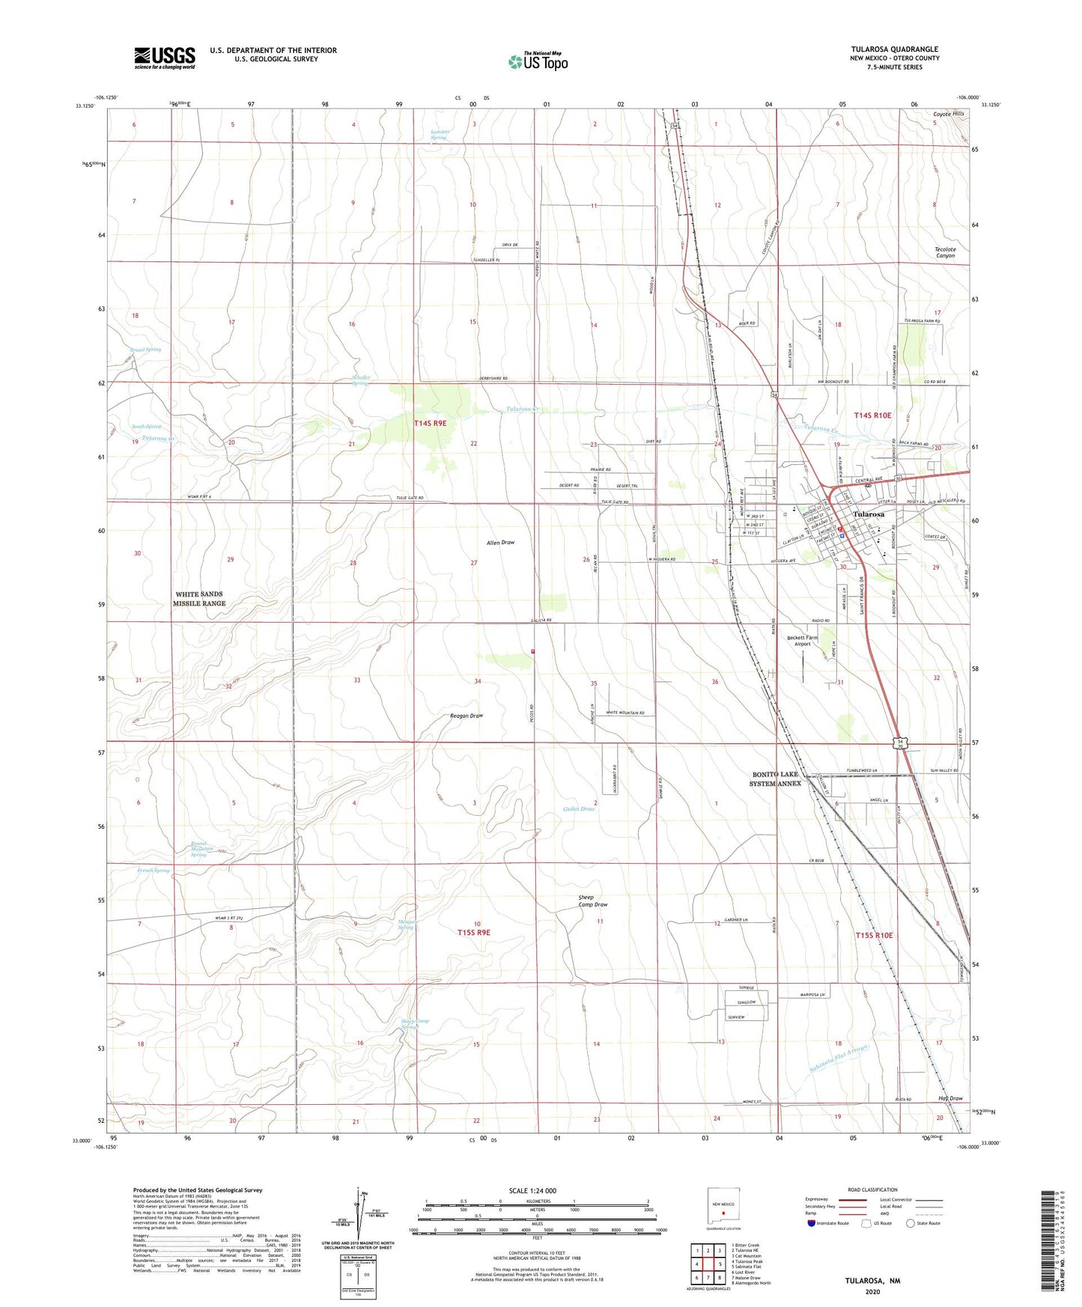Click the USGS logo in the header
click(x=165, y=57)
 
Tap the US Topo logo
click(x=538, y=61)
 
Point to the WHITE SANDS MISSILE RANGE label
click(x=199, y=598)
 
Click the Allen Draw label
click(x=500, y=542)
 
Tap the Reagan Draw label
click(x=466, y=716)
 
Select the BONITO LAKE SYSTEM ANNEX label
click(x=776, y=779)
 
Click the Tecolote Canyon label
click(x=945, y=252)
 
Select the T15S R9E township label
click(x=473, y=933)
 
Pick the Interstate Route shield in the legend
click(x=812, y=1223)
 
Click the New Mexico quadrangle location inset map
click(x=723, y=1208)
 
